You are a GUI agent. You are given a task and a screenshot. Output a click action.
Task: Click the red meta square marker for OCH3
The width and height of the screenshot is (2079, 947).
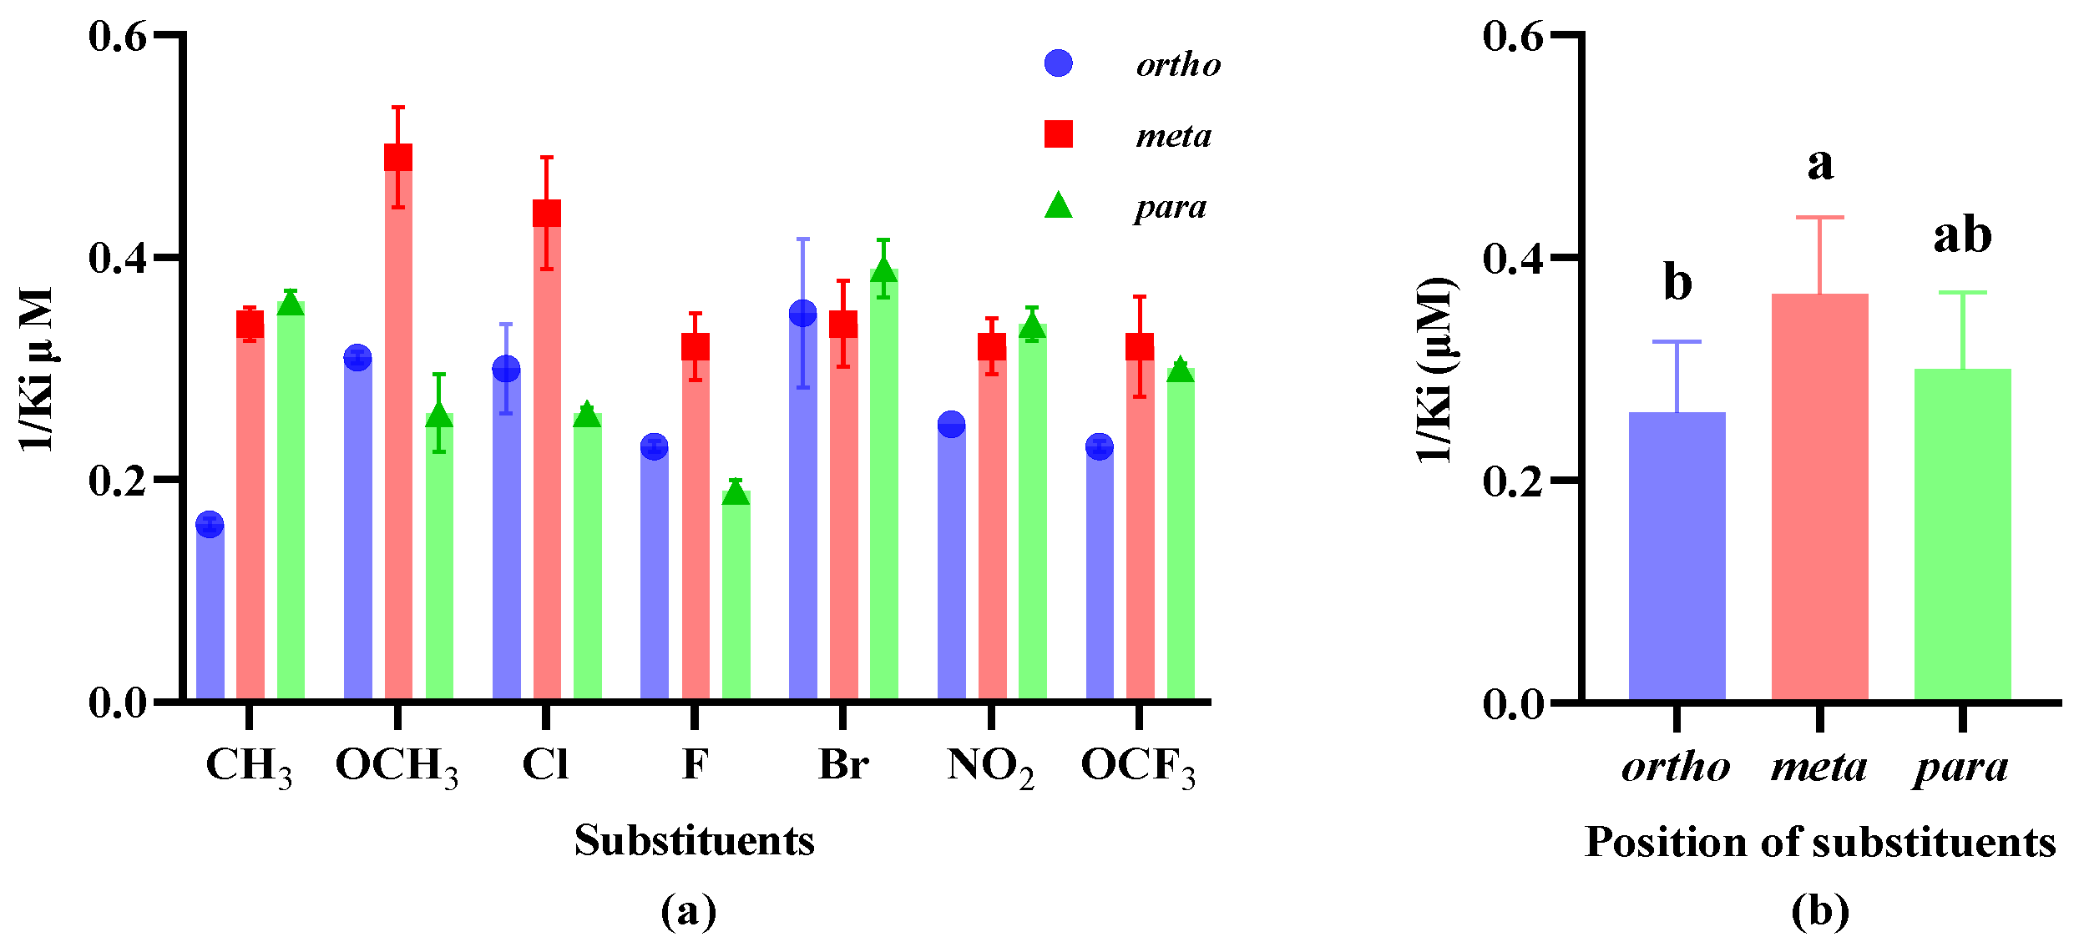tap(398, 157)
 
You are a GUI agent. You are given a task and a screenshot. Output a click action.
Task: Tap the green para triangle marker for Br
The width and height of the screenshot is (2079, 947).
tap(884, 270)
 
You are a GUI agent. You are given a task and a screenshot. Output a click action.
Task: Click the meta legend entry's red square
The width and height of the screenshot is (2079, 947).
tap(1059, 134)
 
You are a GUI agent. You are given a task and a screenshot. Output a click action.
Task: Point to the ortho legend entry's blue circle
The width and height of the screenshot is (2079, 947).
tap(1059, 63)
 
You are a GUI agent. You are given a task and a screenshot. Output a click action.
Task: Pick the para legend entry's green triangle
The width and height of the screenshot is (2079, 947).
tap(1059, 206)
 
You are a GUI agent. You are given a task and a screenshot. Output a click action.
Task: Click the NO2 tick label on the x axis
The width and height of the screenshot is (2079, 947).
tap(990, 766)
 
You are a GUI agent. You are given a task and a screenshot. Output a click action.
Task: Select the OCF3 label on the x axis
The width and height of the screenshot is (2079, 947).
tap(1138, 766)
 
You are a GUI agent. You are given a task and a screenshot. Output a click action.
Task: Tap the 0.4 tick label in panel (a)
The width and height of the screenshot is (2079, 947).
tap(118, 257)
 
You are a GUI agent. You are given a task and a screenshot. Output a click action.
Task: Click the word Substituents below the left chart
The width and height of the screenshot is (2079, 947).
tap(694, 840)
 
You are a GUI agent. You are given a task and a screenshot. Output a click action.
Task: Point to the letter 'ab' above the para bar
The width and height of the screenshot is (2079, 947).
tap(1962, 235)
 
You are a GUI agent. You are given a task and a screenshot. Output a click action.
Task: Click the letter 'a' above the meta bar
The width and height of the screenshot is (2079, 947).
tap(1820, 164)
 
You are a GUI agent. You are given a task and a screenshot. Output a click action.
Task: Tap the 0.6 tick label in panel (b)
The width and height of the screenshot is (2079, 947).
tap(1512, 36)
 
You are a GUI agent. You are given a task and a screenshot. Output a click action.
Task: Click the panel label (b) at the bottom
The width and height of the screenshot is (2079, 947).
tap(1819, 911)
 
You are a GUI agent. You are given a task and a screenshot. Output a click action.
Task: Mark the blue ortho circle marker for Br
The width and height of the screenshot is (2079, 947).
tap(802, 314)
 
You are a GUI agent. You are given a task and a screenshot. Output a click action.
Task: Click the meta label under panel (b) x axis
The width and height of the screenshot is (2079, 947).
tap(1818, 766)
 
